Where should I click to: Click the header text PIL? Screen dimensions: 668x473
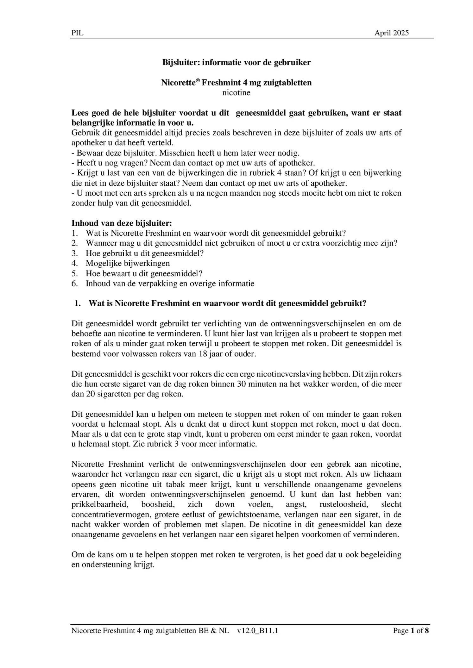pos(77,33)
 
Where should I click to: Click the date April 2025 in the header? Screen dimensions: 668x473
pos(391,33)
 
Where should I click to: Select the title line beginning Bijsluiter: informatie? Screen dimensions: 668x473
pos(236,62)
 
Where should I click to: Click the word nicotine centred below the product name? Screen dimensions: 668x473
pos(236,93)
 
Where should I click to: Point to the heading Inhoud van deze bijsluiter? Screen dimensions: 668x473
pos(122,223)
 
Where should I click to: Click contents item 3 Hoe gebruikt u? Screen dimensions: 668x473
pos(144,253)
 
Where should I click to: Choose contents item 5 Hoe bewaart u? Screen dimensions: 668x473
pos(144,273)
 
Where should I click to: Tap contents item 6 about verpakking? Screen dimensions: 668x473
pos(170,284)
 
